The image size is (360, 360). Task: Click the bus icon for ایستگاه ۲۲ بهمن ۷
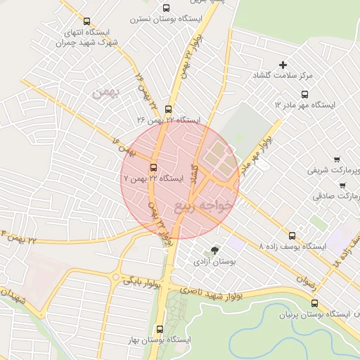point(153,167)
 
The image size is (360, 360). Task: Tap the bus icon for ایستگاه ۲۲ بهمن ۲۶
point(167,109)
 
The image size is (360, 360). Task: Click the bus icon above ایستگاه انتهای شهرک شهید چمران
point(86,22)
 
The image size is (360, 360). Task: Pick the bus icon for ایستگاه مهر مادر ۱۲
point(304,94)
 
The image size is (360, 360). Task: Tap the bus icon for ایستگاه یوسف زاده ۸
point(292,236)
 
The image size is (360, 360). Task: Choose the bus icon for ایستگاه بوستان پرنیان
point(314,303)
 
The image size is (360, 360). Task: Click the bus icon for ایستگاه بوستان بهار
point(160,328)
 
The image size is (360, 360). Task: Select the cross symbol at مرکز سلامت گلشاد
point(283,65)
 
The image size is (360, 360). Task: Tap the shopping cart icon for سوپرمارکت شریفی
point(337,159)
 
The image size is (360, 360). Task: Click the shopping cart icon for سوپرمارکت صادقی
point(342,186)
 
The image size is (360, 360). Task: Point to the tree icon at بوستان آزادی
point(214,250)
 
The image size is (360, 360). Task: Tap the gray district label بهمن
point(106,91)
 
